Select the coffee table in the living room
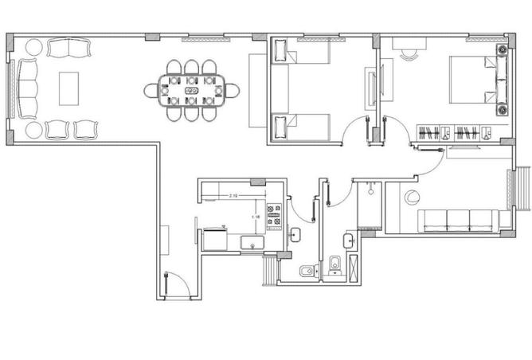click(69, 87)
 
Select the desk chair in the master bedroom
click(409, 54)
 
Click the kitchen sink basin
click(253, 242)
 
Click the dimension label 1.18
click(256, 217)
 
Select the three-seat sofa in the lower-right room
click(458, 221)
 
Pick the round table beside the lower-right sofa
click(411, 198)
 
